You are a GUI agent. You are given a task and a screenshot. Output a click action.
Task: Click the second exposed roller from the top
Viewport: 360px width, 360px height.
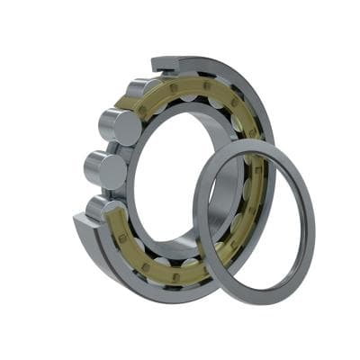pyautogui.click(x=123, y=127)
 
